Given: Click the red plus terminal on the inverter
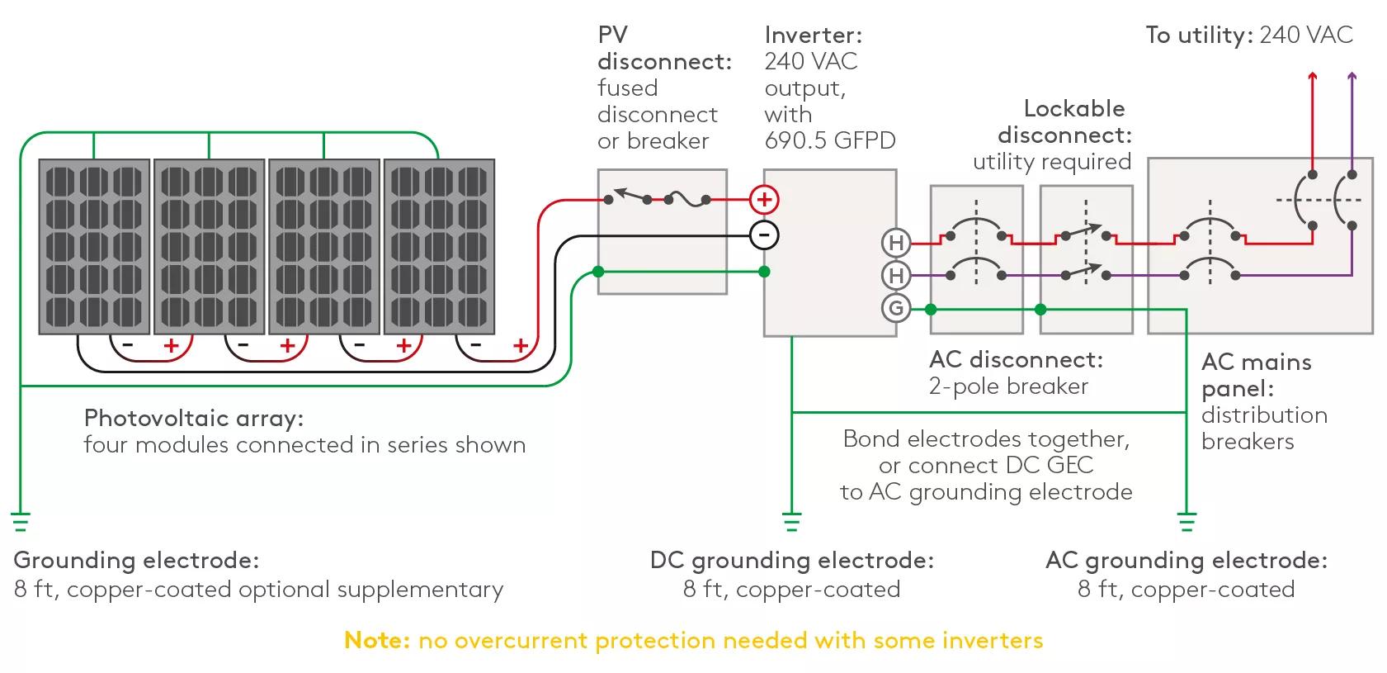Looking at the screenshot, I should [x=764, y=199].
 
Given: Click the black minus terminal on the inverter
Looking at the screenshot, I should [x=764, y=235].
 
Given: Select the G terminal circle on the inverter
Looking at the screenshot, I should [x=895, y=309].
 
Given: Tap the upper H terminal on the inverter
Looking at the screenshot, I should [x=895, y=243].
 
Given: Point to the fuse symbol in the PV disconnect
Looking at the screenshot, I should [x=677, y=199].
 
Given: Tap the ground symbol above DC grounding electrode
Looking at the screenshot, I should [x=791, y=522].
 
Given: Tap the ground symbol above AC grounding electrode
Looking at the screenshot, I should [x=1186, y=522].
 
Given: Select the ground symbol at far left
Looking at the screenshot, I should [x=20, y=522].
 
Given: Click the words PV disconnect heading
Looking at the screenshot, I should [x=663, y=49].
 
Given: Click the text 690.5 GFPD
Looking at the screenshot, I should [x=829, y=140].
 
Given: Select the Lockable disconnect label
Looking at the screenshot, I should [x=1064, y=121].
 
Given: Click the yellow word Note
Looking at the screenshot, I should [x=376, y=640].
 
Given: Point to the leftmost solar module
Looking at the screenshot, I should [x=94, y=246].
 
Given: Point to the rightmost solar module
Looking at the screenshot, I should [x=439, y=246].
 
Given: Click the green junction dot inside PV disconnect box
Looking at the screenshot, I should [x=598, y=272].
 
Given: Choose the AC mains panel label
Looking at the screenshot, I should [x=1256, y=374].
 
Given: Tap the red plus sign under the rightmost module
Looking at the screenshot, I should [x=520, y=346].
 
